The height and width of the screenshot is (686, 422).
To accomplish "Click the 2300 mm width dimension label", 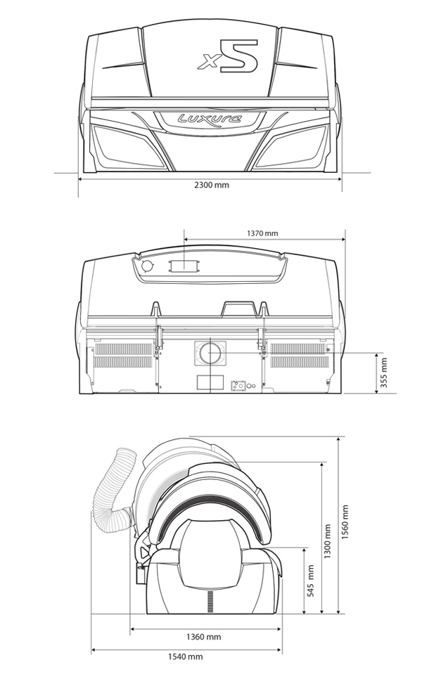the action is click(x=212, y=185).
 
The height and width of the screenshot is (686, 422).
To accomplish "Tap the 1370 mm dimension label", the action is click(x=262, y=233).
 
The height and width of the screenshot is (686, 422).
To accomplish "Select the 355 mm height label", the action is click(x=383, y=373).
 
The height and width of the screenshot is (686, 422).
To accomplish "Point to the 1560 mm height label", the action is click(x=345, y=522).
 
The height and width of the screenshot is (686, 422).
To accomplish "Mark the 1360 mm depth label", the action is click(x=203, y=637).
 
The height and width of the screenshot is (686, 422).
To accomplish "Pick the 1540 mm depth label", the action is click(x=185, y=656).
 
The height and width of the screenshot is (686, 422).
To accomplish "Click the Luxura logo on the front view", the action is click(x=210, y=119).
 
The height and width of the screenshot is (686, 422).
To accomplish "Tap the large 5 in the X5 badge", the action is click(x=239, y=55).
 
